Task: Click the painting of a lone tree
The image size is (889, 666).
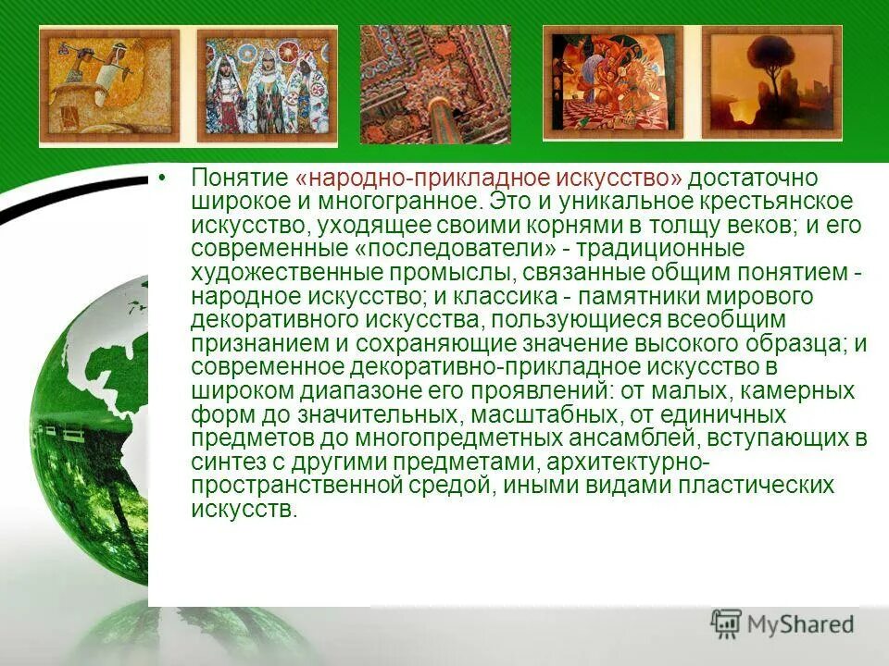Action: [x=770, y=82]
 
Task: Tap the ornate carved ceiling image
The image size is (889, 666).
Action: [x=435, y=84]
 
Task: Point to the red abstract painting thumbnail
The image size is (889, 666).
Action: [x=613, y=82]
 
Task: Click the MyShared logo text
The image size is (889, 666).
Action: [x=800, y=624]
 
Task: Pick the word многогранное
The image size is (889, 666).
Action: [x=417, y=202]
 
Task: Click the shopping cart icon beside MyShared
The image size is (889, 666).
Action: [x=726, y=623]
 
